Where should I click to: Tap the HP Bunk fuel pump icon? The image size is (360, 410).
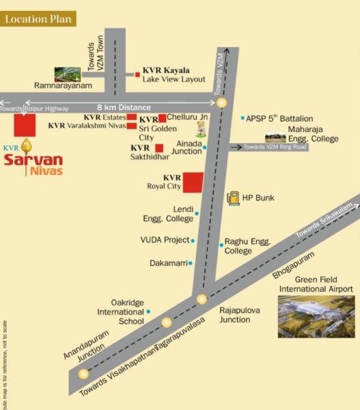(x=234, y=197)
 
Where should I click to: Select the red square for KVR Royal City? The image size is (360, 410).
(x=192, y=183)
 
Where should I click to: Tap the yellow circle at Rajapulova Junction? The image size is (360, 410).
(x=202, y=299)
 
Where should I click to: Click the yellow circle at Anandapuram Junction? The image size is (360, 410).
(x=84, y=373)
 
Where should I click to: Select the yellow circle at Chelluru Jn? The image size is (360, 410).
(x=221, y=104)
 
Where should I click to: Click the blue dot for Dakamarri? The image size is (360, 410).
(x=190, y=263)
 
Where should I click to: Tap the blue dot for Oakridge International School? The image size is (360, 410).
(x=148, y=312)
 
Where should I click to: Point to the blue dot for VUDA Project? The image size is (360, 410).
(x=193, y=241)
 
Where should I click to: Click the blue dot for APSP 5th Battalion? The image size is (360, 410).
(x=242, y=118)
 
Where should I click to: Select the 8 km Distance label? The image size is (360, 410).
(x=123, y=107)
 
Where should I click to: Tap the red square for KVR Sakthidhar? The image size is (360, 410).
(x=158, y=148)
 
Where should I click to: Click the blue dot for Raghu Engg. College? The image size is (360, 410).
(x=221, y=245)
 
